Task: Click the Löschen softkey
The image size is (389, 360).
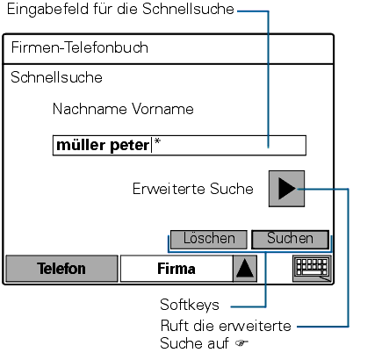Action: [x=209, y=239]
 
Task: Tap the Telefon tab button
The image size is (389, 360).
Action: [x=61, y=269]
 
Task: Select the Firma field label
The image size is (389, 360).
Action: [x=176, y=269]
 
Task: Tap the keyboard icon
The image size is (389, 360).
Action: [x=312, y=269]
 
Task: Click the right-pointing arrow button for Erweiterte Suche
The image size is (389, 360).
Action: [x=286, y=189]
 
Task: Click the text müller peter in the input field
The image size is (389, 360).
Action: [x=103, y=145]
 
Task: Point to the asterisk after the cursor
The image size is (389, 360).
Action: [x=157, y=141]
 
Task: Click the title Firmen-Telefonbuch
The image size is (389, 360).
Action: [x=80, y=47]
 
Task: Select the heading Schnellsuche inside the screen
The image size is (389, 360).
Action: [x=56, y=77]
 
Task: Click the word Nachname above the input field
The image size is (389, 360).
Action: [x=90, y=109]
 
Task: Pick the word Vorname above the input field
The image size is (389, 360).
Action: [x=162, y=109]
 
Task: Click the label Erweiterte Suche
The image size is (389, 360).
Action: [x=193, y=189]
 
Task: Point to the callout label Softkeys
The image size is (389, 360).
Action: [x=190, y=305]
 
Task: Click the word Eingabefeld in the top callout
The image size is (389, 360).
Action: [x=48, y=10]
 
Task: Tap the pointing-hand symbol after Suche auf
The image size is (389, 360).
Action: [x=241, y=343]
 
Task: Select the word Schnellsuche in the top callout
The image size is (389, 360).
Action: [x=188, y=9]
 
